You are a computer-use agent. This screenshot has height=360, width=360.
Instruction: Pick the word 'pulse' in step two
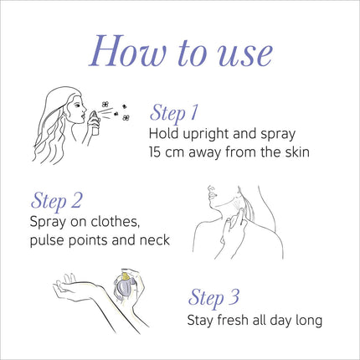(50, 241)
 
